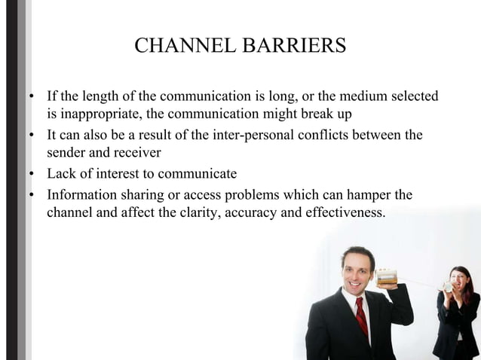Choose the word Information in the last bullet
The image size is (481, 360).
tap(83, 194)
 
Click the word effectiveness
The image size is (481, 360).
tap(345, 212)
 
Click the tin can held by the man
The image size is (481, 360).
tap(387, 274)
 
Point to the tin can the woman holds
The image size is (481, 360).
tap(448, 285)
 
